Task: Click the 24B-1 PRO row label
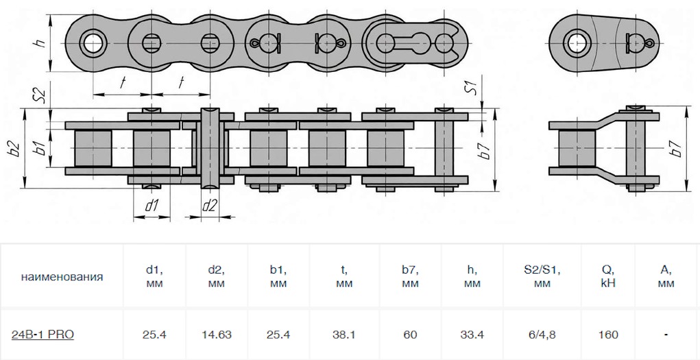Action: tap(43, 335)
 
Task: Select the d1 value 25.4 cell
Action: tap(154, 335)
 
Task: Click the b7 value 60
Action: tap(410, 335)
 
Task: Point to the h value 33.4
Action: tap(472, 335)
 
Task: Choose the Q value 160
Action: tap(608, 335)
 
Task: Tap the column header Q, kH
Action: tap(608, 276)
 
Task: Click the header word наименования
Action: tap(62, 277)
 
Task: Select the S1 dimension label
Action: tap(469, 88)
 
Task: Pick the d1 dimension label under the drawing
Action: tap(152, 205)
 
